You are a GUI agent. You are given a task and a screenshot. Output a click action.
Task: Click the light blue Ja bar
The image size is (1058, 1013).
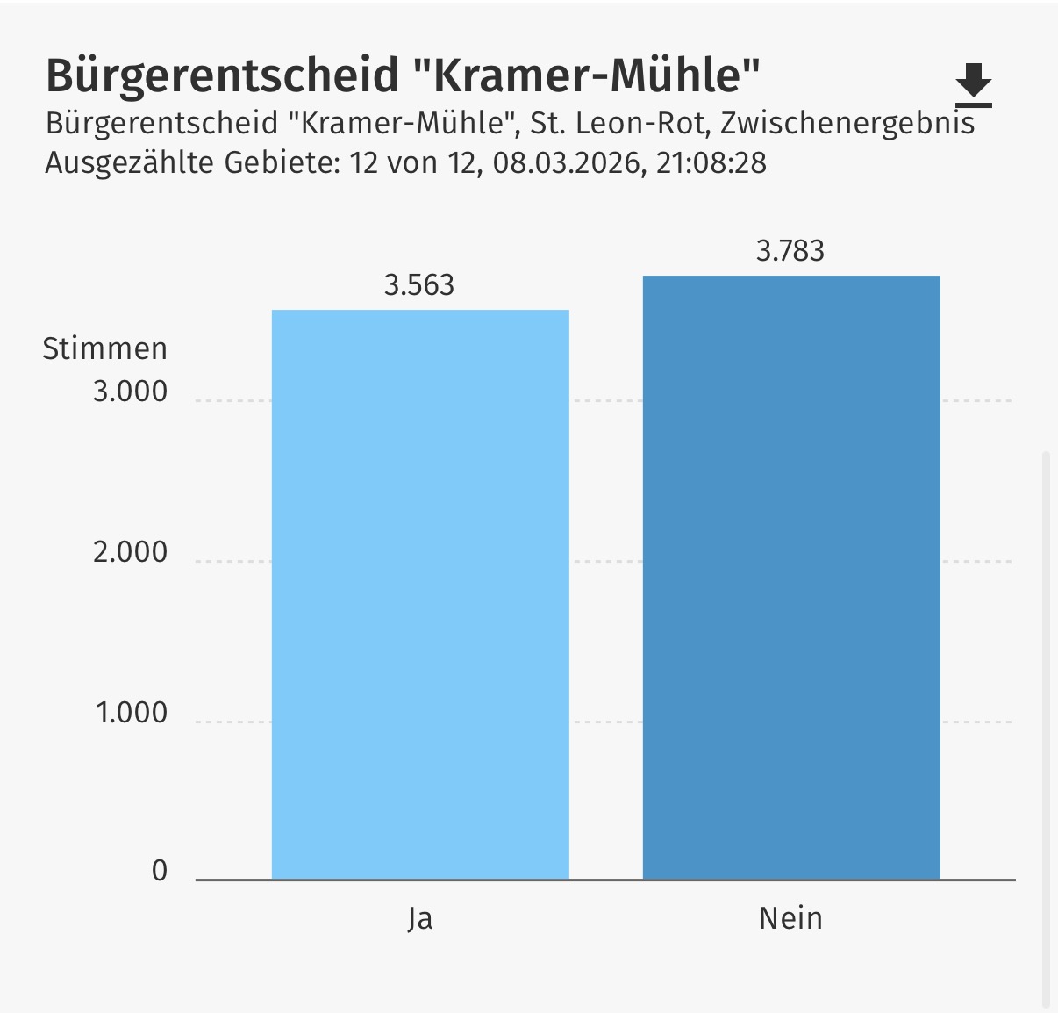(420, 594)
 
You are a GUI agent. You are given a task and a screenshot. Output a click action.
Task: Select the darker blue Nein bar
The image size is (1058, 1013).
(791, 577)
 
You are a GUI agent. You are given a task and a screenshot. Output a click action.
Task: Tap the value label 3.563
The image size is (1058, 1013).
(419, 285)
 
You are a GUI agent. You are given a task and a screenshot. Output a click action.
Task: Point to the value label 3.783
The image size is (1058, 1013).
(790, 251)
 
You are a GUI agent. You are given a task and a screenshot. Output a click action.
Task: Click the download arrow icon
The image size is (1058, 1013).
(973, 84)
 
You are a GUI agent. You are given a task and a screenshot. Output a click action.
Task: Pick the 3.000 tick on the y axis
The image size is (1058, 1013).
(130, 392)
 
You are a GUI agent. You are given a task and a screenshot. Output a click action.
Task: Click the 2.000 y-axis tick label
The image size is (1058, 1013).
(130, 552)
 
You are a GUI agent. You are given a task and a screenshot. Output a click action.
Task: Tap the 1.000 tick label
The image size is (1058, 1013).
(132, 713)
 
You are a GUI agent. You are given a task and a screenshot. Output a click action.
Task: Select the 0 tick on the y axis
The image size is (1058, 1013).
(160, 871)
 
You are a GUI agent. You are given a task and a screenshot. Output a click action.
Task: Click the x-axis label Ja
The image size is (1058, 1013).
(420, 919)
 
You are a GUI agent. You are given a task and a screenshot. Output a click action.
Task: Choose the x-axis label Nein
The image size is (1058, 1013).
(790, 918)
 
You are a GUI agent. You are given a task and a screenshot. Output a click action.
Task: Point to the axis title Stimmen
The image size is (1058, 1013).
(104, 349)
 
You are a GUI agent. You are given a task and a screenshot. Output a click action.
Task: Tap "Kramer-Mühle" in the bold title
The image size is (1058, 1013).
(585, 75)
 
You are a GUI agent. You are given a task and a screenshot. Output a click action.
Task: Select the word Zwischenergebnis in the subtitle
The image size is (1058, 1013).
(847, 123)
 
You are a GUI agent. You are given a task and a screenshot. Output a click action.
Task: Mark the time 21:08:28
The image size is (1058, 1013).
(711, 163)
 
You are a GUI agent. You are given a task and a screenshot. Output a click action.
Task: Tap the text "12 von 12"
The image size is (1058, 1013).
(412, 163)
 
